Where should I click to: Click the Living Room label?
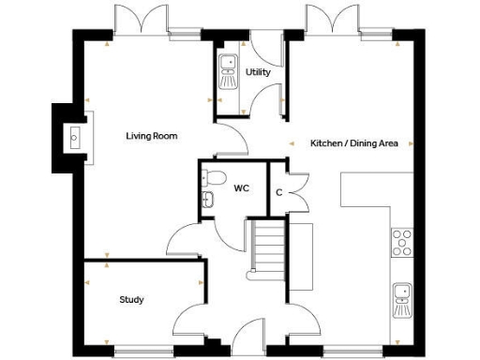[x=152, y=137]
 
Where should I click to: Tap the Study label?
[x=131, y=300]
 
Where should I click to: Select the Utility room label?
[x=258, y=72]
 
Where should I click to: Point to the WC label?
[x=241, y=188]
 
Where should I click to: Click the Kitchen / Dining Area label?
[x=355, y=143]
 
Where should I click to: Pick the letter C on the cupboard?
[x=278, y=193]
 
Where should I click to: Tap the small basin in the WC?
[x=206, y=198]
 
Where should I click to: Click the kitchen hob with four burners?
[x=402, y=243]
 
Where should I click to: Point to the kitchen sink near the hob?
[x=402, y=299]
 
